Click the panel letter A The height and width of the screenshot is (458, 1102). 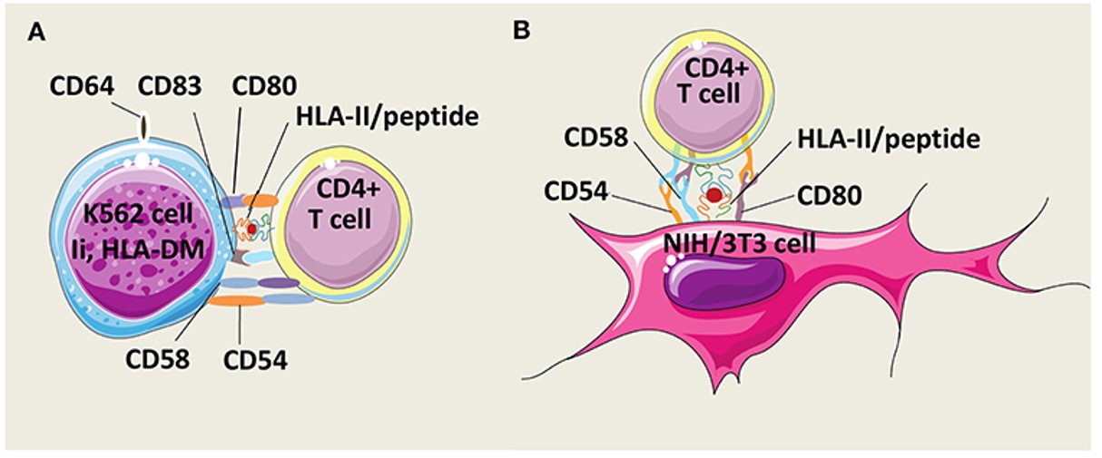36,33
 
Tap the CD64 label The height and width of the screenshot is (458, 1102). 83,87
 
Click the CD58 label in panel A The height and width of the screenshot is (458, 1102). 158,359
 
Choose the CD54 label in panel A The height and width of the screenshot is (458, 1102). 255,359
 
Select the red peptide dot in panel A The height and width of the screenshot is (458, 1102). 251,229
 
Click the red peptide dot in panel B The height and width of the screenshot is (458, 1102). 714,195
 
